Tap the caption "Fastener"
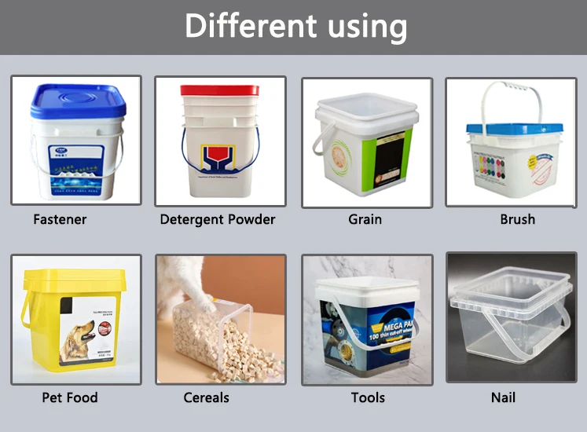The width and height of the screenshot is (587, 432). pyautogui.click(x=60, y=219)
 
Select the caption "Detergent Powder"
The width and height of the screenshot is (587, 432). pyautogui.click(x=218, y=219)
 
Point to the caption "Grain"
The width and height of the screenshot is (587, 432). pyautogui.click(x=365, y=219)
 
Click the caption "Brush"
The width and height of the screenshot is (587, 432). pyautogui.click(x=517, y=219)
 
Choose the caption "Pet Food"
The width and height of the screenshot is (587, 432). pyautogui.click(x=71, y=397)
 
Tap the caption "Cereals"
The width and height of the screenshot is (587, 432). pyautogui.click(x=206, y=397)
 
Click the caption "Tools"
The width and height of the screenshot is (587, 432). pyautogui.click(x=368, y=397)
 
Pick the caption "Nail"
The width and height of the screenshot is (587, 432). pyautogui.click(x=503, y=397)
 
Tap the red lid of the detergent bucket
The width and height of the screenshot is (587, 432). pyautogui.click(x=219, y=90)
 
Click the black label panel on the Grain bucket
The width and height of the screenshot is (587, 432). pyautogui.click(x=391, y=161)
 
